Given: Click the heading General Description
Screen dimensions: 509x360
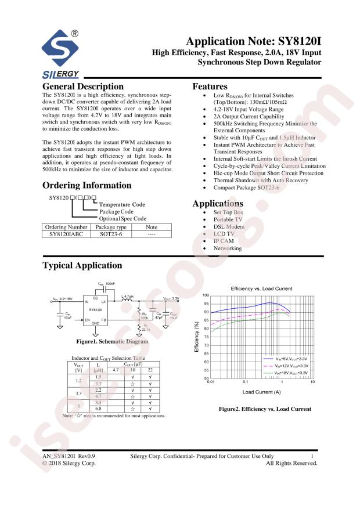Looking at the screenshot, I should click(83, 86).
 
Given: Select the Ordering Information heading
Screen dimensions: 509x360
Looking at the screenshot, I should click(87, 186).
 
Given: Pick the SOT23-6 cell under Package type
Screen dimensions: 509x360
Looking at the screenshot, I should click(110, 235).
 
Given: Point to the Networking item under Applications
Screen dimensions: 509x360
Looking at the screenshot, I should click(228, 248).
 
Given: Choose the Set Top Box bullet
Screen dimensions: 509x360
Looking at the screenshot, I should click(229, 214).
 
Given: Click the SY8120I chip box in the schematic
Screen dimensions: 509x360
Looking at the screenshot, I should click(96, 311).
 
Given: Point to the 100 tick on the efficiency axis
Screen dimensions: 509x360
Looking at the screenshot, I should click(205, 295).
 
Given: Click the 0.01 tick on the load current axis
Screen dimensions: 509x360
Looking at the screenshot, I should click(211, 383).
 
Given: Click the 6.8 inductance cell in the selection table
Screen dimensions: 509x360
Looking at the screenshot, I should click(98, 409).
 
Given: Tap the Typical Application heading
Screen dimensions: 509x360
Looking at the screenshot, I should click(82, 266).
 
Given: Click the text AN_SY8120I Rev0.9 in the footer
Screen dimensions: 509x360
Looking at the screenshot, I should click(69, 457).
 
